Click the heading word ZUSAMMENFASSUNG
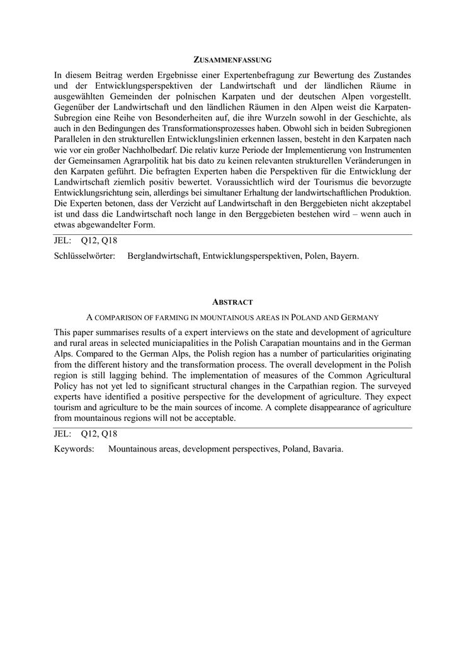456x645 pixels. pos(232,60)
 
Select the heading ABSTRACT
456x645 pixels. pos(232,302)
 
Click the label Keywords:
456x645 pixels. pos(74,449)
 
